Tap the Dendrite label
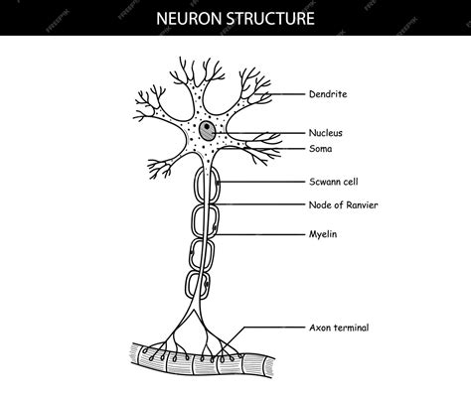point(329,94)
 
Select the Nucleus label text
point(328,131)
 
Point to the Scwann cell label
point(335,183)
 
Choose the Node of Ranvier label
point(344,204)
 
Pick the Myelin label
point(325,234)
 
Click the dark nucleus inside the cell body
point(206,130)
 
